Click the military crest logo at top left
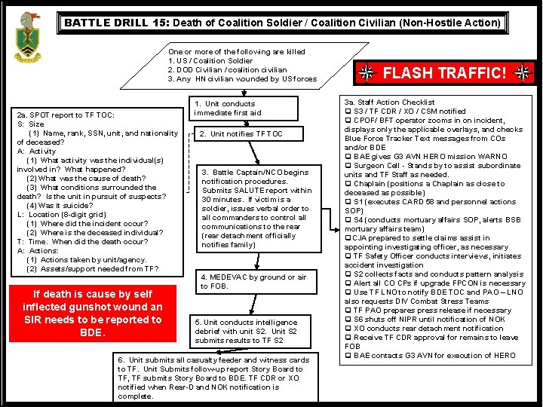pyautogui.click(x=29, y=37)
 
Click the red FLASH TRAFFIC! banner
pyautogui.click(x=444, y=73)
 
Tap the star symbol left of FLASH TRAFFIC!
pyautogui.click(x=366, y=73)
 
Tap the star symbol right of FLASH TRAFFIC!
pyautogui.click(x=523, y=73)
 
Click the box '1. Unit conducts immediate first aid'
pyautogui.click(x=233, y=108)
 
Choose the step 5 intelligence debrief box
pyautogui.click(x=247, y=331)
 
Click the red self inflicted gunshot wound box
pyautogui.click(x=93, y=313)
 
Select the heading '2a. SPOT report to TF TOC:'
pyautogui.click(x=66, y=115)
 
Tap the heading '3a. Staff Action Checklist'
pyautogui.click(x=389, y=103)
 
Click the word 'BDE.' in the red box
pyautogui.click(x=92, y=332)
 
